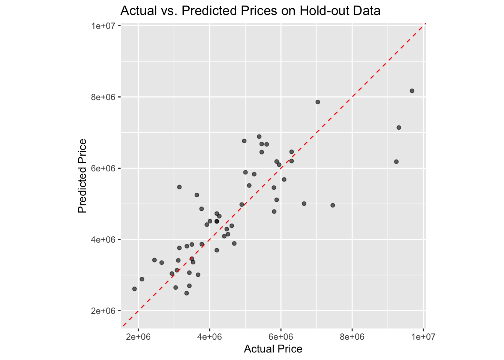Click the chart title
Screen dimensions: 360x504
pos(250,10)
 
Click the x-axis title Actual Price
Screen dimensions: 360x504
pos(273,349)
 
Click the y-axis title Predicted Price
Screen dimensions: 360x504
pos(82,176)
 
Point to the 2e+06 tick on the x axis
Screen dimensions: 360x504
pos(138,336)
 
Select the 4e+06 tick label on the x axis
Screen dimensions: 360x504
pos(210,336)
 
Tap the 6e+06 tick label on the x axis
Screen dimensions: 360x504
pos(281,336)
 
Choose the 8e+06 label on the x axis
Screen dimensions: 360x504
pos(352,336)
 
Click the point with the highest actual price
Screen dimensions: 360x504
pos(412,91)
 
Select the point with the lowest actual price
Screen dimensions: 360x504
pos(134,289)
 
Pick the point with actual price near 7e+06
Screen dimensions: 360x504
pos(318,102)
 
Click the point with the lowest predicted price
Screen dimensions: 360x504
pos(186,293)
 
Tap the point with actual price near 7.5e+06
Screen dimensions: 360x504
pos(333,205)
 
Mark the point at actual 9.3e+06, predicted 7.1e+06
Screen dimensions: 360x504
pos(399,127)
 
